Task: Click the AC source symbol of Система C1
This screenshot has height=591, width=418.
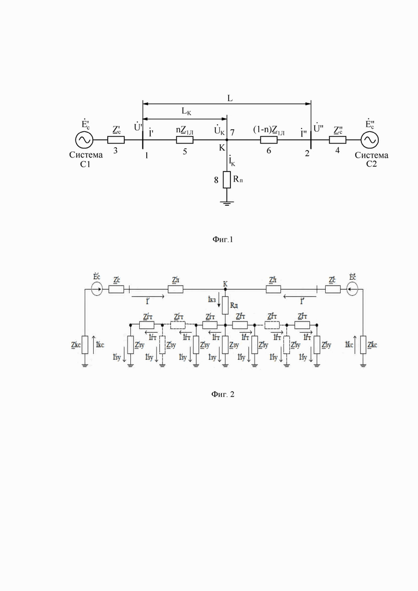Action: pos(84,140)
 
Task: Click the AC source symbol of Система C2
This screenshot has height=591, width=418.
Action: pos(369,140)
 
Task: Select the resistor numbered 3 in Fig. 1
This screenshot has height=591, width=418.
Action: pos(116,140)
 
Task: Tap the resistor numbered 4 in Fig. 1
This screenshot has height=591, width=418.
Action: pos(338,140)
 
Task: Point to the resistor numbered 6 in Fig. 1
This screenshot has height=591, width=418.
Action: pos(268,140)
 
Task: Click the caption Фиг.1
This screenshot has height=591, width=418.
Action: pos(222,240)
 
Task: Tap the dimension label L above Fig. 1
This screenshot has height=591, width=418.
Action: pos(229,99)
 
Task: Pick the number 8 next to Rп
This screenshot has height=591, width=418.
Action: pos(217,181)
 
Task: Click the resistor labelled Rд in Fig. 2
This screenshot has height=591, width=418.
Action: pos(226,303)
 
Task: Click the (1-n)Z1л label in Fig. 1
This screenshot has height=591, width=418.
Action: pos(268,130)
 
